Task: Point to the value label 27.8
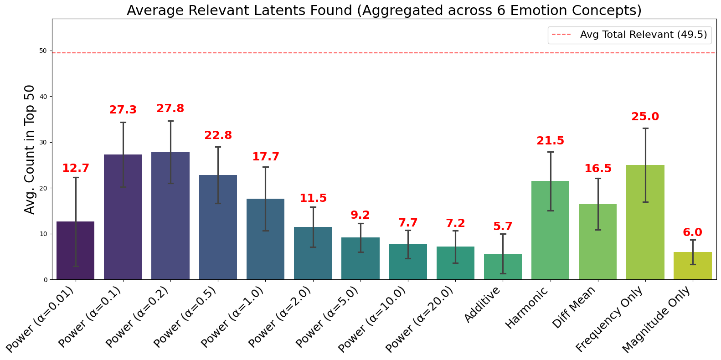click(x=170, y=108)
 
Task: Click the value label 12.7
click(x=76, y=168)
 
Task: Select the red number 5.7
click(x=503, y=226)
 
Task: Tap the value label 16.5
click(x=598, y=169)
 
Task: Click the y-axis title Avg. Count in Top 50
click(x=30, y=149)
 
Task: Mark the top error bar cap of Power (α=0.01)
click(x=76, y=177)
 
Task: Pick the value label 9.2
click(x=360, y=215)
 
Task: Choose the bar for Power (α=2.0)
click(x=313, y=253)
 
